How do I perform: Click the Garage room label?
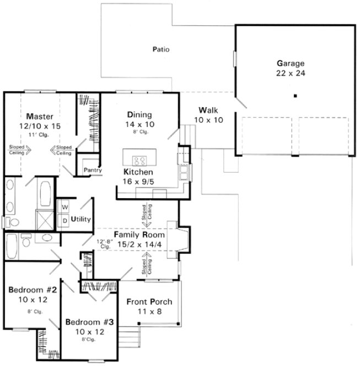coord(291,63)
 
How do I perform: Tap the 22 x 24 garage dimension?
coord(291,72)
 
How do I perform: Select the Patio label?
coord(160,50)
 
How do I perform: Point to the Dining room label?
coord(139,114)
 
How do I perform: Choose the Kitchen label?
coord(138,172)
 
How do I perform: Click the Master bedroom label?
coord(39,116)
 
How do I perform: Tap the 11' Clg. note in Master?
coord(39,135)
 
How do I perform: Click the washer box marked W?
coord(64,207)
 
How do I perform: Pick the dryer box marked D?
coord(64,220)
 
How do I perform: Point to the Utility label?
coord(81,219)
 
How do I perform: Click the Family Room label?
coord(139,235)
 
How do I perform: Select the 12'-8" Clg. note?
coord(105,243)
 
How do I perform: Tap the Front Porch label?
coord(149,302)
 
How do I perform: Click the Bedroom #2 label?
coord(28,289)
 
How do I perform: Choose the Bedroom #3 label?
coord(90,322)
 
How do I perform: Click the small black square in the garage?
coord(295,96)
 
